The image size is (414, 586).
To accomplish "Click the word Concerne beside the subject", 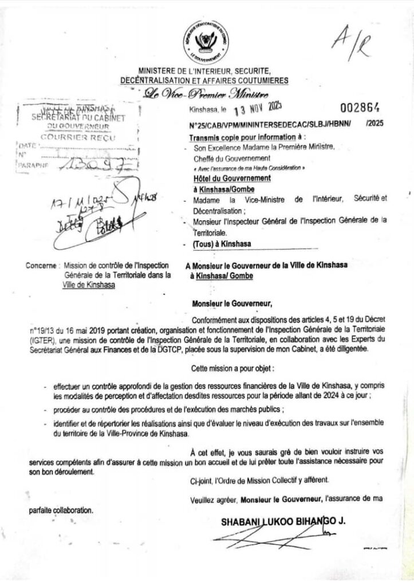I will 42,266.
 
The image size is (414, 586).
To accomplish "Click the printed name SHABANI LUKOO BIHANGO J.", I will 283,522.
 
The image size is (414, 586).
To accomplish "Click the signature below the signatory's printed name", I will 275,541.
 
